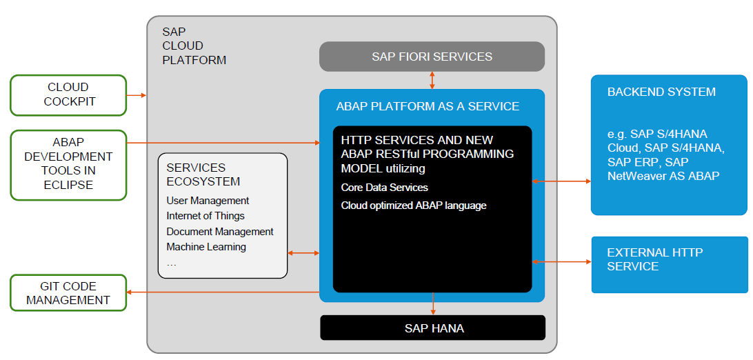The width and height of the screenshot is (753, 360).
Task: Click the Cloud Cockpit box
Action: pos(68,94)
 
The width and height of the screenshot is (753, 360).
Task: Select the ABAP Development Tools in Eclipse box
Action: pos(68,165)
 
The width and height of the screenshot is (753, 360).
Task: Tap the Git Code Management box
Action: pos(68,292)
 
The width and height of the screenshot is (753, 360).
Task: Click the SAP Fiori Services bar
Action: pos(432,57)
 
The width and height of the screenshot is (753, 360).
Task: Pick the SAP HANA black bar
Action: pos(432,328)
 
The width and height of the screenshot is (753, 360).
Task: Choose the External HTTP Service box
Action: pos(669,264)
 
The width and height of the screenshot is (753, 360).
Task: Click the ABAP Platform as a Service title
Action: pos(428,106)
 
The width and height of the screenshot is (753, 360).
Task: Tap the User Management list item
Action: pos(208,201)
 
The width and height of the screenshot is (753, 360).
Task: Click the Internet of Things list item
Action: pos(205,216)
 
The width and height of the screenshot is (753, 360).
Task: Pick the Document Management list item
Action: pos(220,232)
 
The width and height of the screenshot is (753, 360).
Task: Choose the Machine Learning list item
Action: pos(206,247)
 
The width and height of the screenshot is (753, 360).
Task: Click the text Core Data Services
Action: pos(384,188)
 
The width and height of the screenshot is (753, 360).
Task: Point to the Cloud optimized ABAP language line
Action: pos(413,206)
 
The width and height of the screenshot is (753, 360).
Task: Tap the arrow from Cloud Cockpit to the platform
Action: pos(137,94)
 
